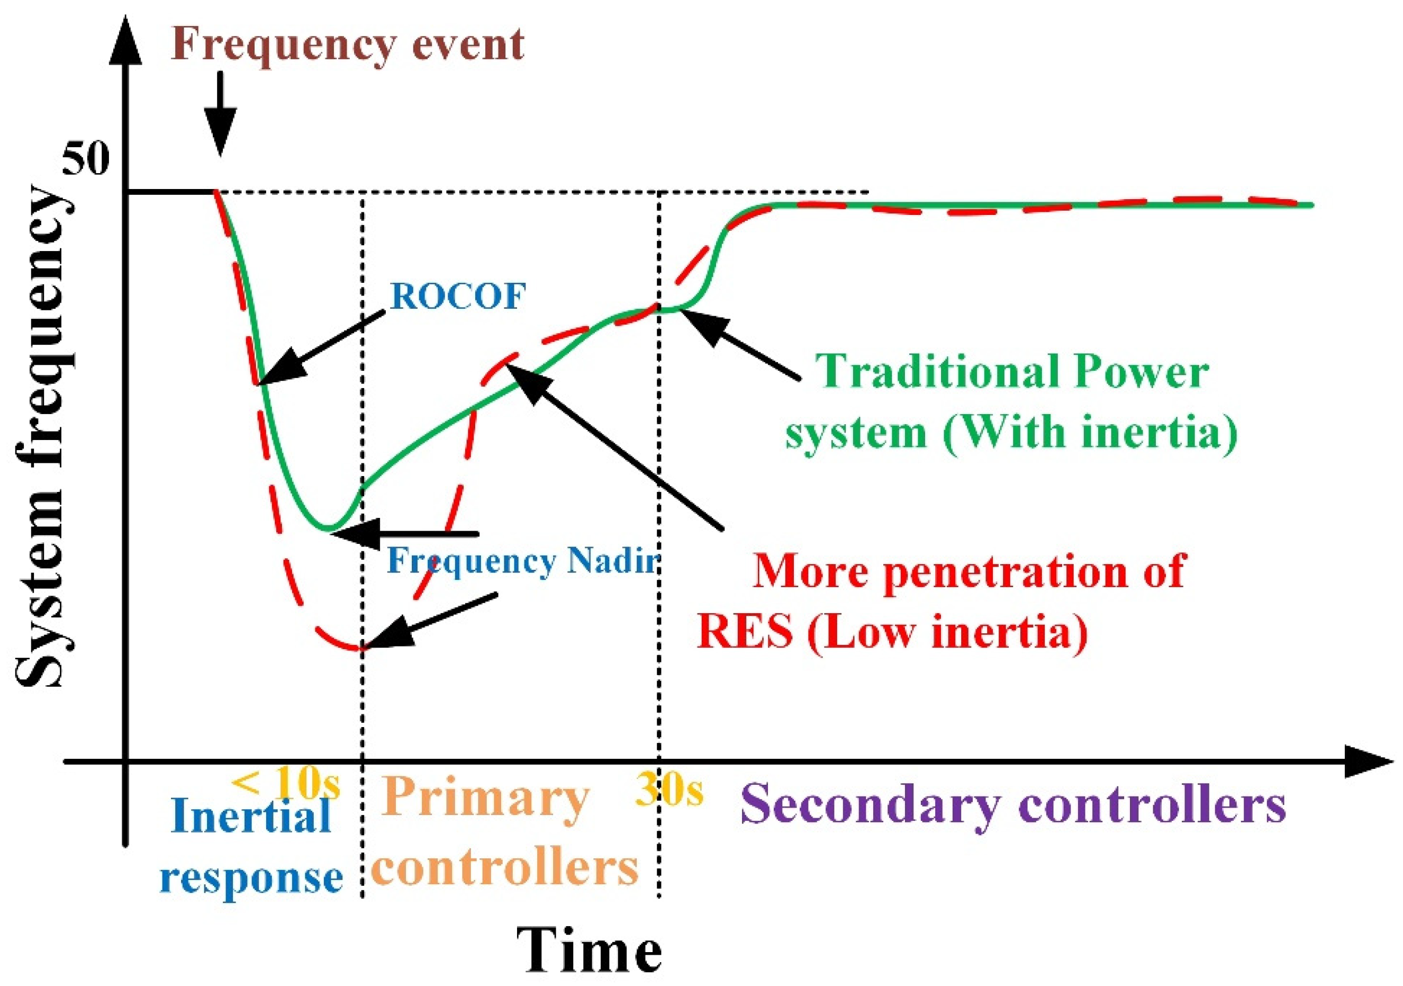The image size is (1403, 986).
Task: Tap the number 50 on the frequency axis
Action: (x=87, y=160)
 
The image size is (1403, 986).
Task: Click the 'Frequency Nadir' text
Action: (x=522, y=561)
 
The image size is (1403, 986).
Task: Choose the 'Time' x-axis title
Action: (x=589, y=951)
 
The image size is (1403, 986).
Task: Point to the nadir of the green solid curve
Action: (x=328, y=527)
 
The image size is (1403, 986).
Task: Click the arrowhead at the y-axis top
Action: (x=125, y=40)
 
